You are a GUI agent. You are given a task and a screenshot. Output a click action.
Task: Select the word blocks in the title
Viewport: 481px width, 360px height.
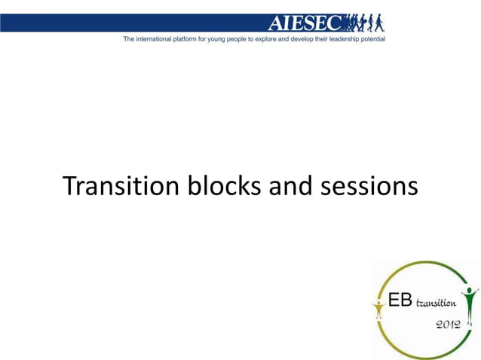pyautogui.click(x=212, y=186)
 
